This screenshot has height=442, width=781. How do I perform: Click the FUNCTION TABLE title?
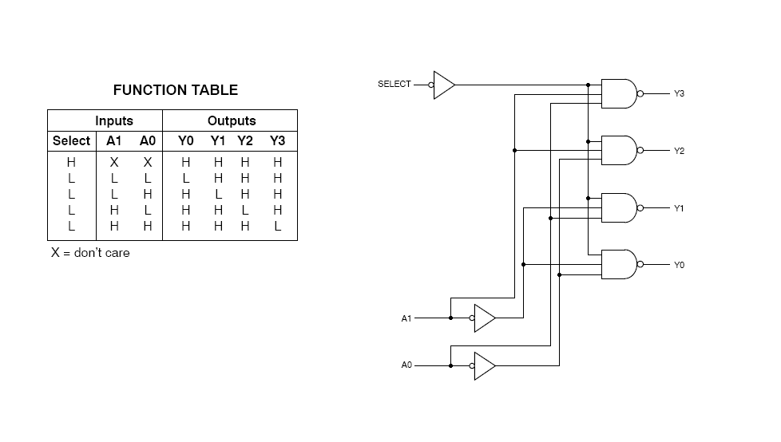click(175, 90)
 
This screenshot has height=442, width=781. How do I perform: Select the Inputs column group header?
click(113, 120)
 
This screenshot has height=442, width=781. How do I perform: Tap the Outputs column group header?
click(232, 120)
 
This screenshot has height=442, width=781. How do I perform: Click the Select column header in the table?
click(71, 141)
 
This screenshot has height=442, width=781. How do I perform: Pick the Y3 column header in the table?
click(277, 141)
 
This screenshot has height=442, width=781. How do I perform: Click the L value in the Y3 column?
click(277, 227)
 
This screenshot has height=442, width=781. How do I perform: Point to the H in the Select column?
click(71, 162)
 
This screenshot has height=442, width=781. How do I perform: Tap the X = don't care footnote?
click(90, 253)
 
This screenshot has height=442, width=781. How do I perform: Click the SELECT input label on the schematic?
click(394, 84)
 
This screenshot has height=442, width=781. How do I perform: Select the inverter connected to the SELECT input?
click(443, 84)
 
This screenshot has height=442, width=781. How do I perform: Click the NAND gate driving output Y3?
click(620, 93)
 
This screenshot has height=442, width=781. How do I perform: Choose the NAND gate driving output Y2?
click(620, 150)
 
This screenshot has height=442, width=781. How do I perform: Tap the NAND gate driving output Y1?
click(620, 207)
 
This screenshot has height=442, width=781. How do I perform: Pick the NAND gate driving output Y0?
click(620, 264)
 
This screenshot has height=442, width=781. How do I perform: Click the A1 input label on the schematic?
click(406, 318)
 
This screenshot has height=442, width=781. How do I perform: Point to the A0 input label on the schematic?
click(406, 365)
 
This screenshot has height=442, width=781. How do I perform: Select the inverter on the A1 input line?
click(484, 318)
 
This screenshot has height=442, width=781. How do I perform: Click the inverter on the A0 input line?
click(484, 365)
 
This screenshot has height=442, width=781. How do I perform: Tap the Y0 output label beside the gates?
click(679, 265)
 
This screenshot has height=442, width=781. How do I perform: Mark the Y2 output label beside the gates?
click(679, 151)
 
